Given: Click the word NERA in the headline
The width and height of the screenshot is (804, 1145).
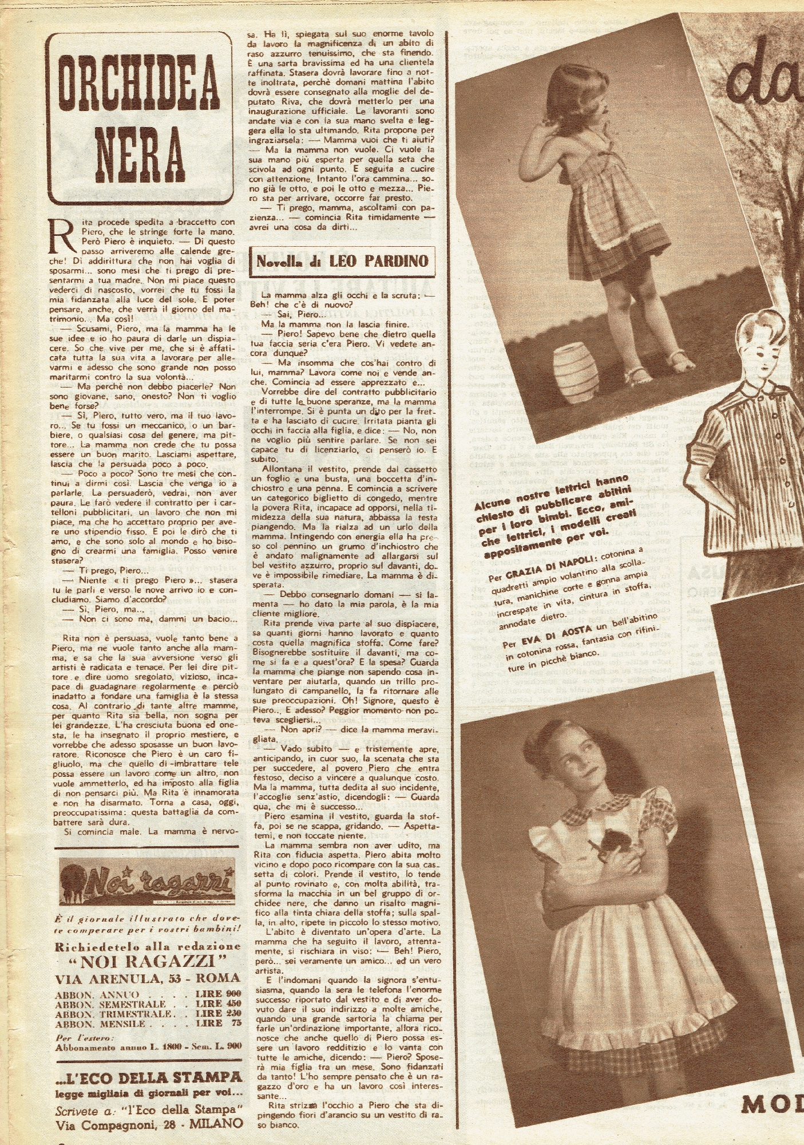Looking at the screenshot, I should pos(139,153).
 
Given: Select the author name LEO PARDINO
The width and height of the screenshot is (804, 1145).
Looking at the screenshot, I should pos(378,261).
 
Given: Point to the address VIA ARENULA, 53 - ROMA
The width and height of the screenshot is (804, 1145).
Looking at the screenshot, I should pos(147,978).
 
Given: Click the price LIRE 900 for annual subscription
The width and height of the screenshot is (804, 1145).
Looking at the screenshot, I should pos(217,994).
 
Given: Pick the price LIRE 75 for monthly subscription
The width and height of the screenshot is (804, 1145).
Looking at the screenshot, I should pos(217,1023).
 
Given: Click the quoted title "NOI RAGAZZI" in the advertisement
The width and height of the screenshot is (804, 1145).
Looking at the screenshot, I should pos(148,961).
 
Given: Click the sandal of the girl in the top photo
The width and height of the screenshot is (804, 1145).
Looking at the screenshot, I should pos(638,374).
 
